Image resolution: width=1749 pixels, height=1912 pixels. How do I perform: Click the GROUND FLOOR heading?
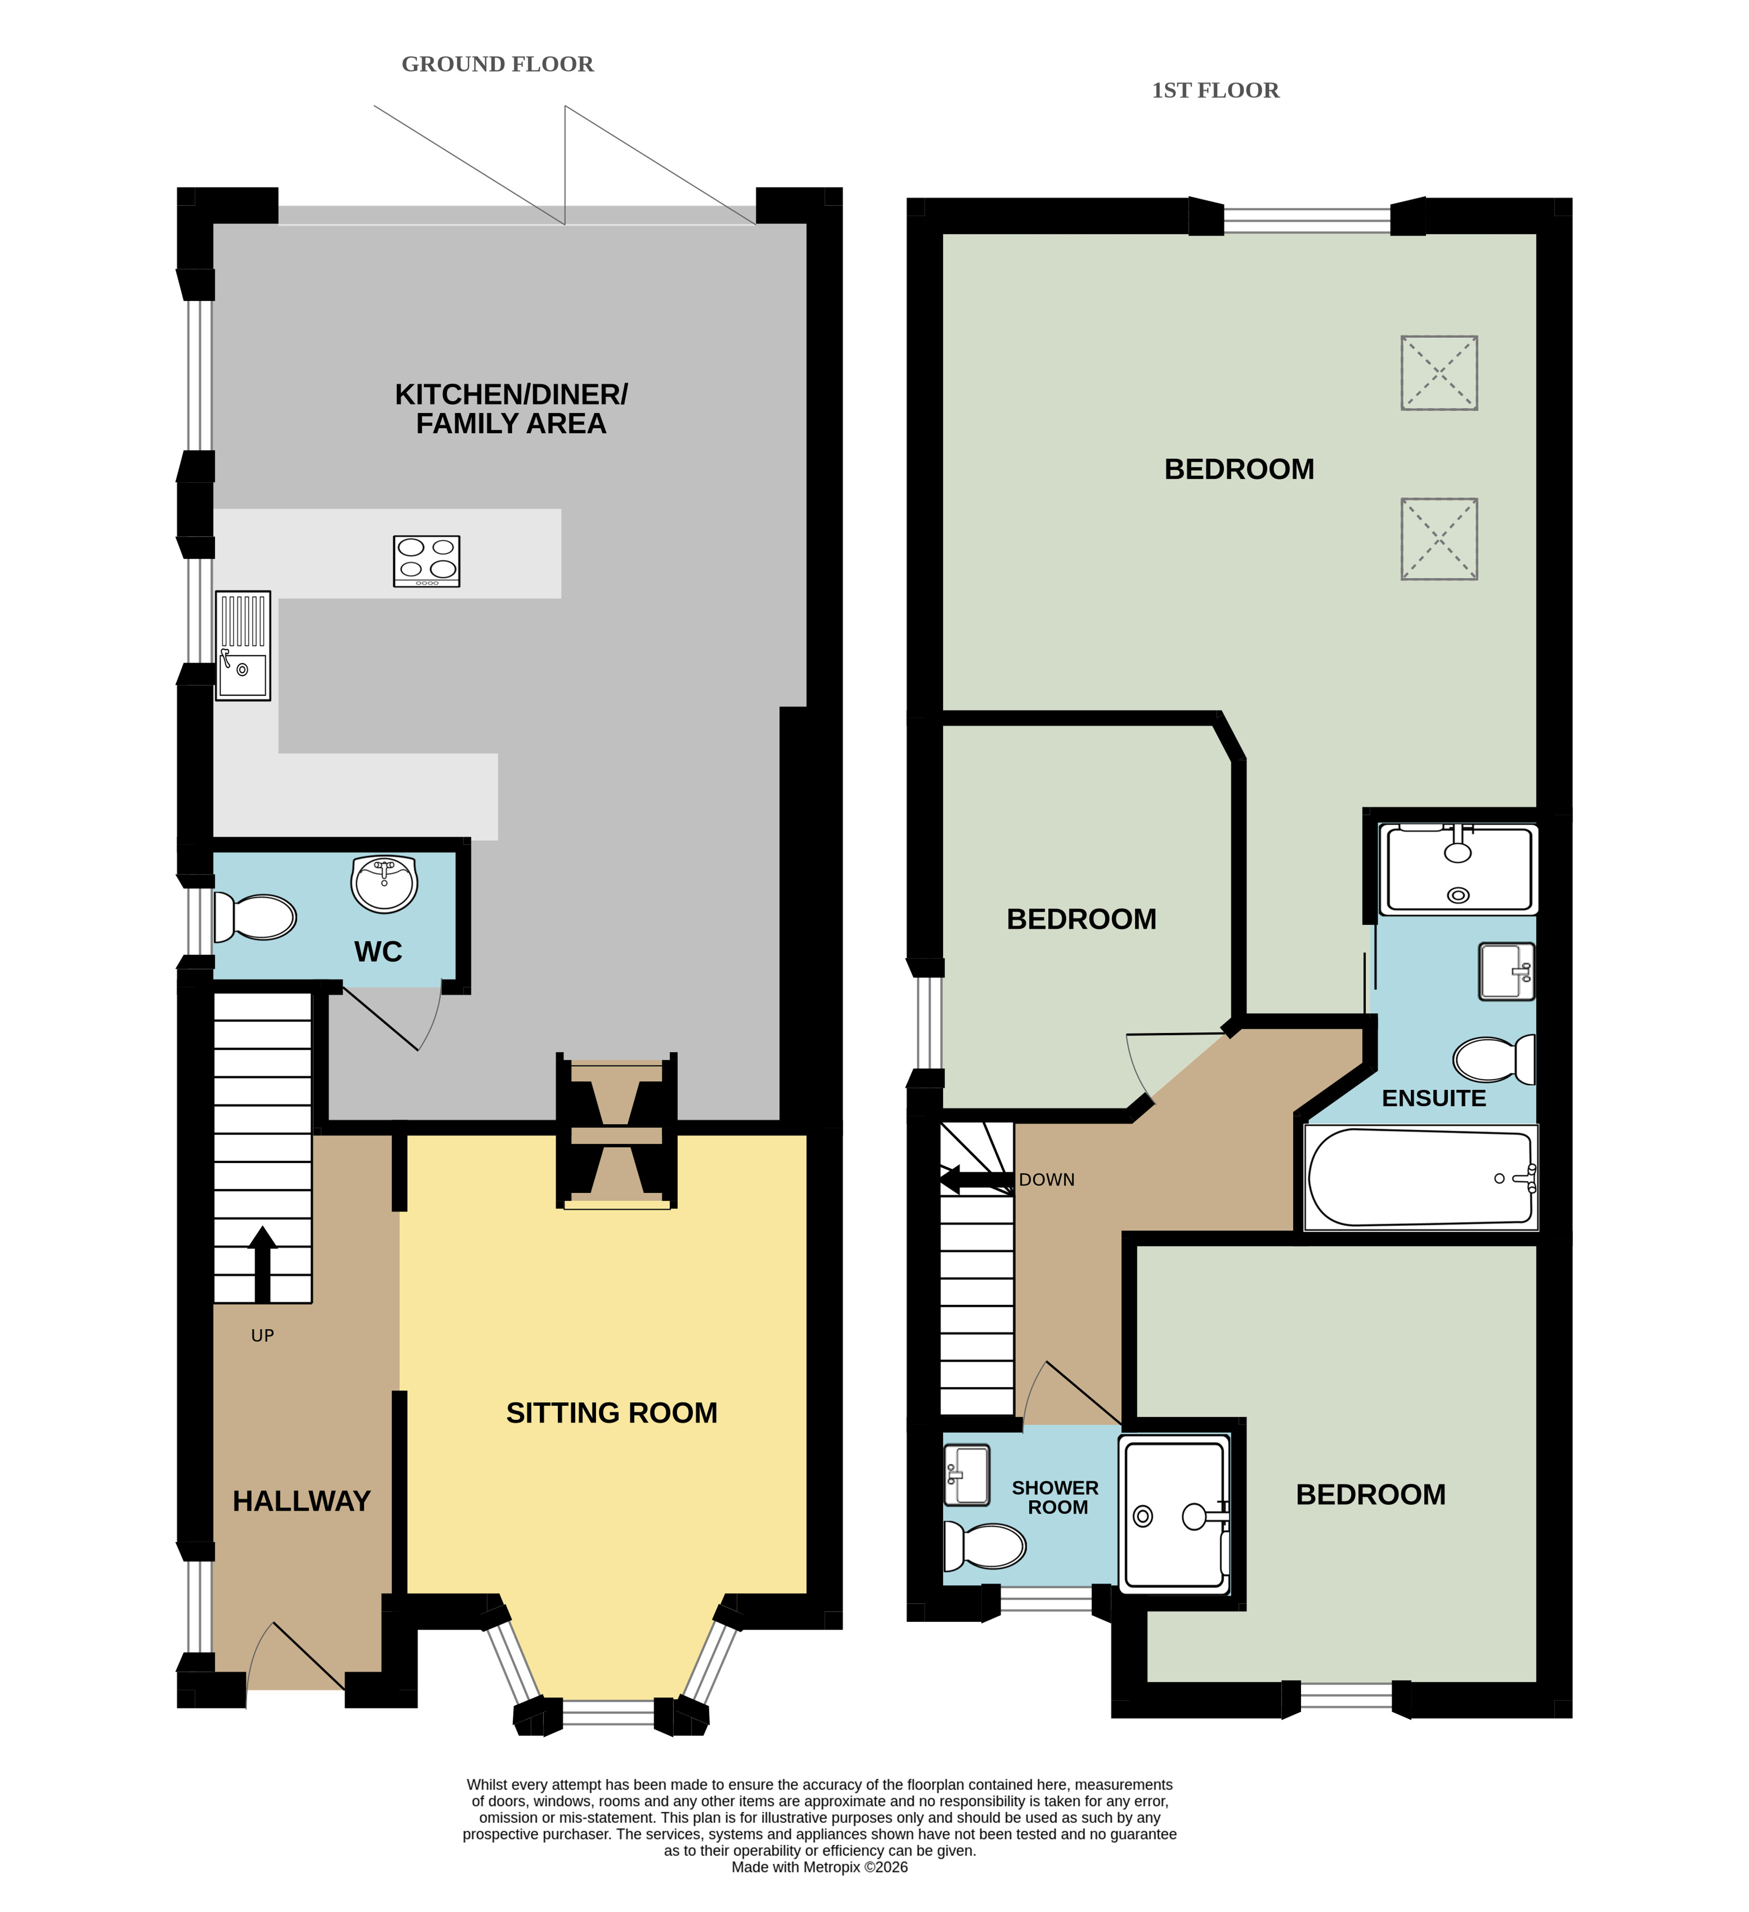(497, 64)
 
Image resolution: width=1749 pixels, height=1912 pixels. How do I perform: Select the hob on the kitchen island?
(427, 562)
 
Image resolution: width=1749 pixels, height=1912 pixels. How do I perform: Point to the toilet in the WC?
(254, 917)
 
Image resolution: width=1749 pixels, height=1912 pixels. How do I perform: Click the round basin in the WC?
(384, 884)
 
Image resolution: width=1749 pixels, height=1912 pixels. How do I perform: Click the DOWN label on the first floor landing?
(1047, 1180)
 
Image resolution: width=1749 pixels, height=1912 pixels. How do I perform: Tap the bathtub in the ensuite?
(1421, 1178)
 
